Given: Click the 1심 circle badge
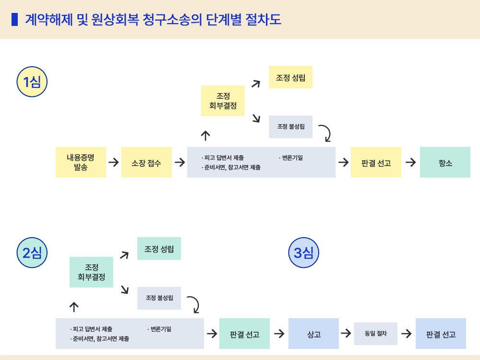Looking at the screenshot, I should point(32,82).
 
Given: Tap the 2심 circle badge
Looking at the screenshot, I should point(32,252).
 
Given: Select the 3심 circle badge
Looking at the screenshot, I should point(303,252).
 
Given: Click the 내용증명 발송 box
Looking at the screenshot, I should point(81,162).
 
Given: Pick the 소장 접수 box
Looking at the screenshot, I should point(146,162).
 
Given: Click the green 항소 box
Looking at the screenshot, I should point(445,162).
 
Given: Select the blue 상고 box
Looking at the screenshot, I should point(313,334).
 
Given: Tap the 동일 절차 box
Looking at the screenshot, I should point(375,334).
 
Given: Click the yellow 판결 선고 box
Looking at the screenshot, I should point(376,162).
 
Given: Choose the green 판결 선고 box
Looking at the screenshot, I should point(244,334).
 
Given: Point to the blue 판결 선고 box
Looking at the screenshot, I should point(441,334).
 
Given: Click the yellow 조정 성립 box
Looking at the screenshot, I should point(290,77).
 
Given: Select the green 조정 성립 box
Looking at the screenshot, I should point(159,249).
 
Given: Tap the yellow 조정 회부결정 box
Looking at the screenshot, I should point(223,101).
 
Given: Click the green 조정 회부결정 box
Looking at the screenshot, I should point(91,272).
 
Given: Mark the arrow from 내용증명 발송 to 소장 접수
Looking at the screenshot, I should point(114,162).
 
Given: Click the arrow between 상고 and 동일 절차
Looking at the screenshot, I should point(346,333).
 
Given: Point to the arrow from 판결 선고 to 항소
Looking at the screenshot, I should point(410,162).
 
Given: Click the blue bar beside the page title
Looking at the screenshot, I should point(14,19).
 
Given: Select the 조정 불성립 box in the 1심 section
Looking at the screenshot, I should point(290,127).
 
